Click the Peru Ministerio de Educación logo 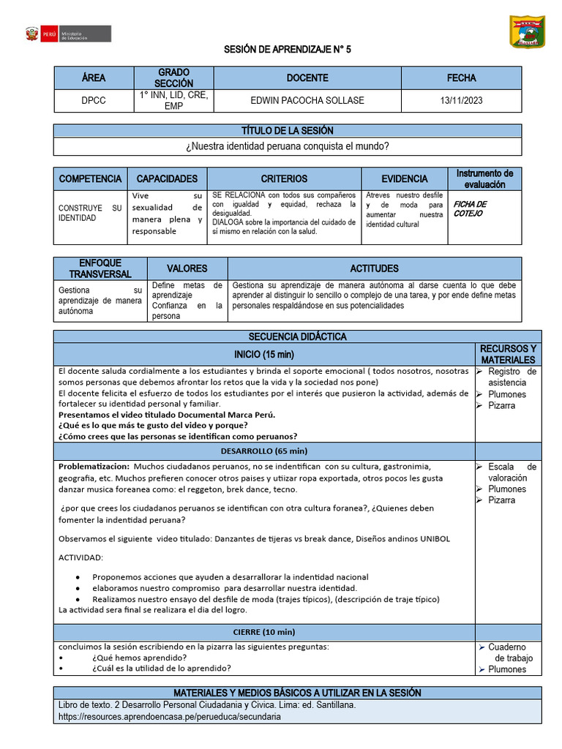click(67, 34)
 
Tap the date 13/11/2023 click(461, 100)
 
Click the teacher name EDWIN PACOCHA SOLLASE click(307, 100)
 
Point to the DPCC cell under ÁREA click(93, 100)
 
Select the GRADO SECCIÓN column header click(173, 78)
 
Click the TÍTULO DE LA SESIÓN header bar click(288, 131)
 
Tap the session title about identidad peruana click(288, 146)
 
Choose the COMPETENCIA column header click(90, 178)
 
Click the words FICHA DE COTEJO click(469, 209)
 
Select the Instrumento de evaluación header click(484, 178)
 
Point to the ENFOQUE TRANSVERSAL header click(100, 268)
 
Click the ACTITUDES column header click(374, 268)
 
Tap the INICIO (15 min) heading click(263, 354)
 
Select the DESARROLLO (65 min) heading click(264, 451)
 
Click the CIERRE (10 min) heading click(264, 632)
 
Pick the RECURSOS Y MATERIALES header click(507, 354)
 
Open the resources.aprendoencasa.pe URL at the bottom click(169, 717)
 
